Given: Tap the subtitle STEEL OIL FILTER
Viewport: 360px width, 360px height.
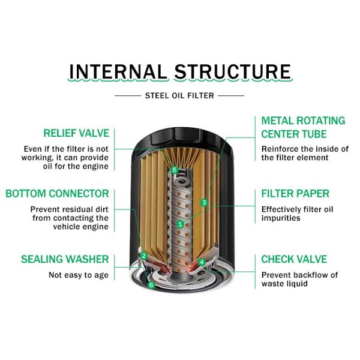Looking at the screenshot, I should click(179, 95).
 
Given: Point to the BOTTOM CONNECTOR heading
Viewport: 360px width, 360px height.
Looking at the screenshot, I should click(58, 194).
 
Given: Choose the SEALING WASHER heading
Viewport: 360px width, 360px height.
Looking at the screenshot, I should click(65, 259).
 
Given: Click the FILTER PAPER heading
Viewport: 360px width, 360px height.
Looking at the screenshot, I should click(295, 194).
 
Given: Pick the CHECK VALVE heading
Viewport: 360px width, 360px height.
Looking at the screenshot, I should click(294, 259).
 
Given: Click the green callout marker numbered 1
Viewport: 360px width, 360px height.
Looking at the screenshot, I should click(180, 223).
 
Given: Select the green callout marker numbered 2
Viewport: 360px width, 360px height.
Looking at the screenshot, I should click(144, 256).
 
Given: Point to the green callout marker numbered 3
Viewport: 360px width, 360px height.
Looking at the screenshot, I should click(204, 203).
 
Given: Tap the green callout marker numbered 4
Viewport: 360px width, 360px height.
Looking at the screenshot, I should click(202, 262).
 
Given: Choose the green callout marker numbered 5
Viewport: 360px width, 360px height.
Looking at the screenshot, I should click(174, 170).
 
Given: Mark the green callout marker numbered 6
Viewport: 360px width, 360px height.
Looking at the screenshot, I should click(151, 285).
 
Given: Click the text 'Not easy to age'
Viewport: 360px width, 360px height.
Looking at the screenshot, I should click(79, 275).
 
